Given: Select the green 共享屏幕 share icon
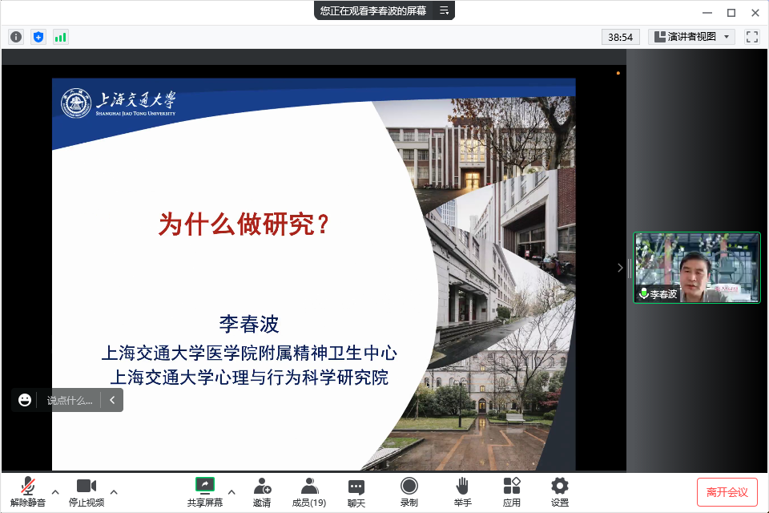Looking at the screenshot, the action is (x=205, y=485).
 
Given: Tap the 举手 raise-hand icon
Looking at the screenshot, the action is (x=462, y=486).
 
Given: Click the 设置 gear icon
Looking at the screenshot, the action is (x=560, y=486).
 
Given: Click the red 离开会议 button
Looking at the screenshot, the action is (x=727, y=492).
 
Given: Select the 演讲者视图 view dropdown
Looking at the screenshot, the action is (x=691, y=37).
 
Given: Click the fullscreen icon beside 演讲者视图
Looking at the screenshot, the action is (x=752, y=37).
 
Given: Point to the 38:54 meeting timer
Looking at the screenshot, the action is (x=620, y=38).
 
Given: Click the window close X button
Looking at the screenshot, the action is (x=755, y=13).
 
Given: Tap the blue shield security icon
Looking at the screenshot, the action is (x=38, y=37).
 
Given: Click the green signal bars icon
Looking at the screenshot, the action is (x=60, y=37).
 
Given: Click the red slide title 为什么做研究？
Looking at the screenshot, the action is (x=244, y=224).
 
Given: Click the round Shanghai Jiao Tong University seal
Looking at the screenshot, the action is (x=76, y=103).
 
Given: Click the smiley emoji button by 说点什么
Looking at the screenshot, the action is (x=25, y=400).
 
